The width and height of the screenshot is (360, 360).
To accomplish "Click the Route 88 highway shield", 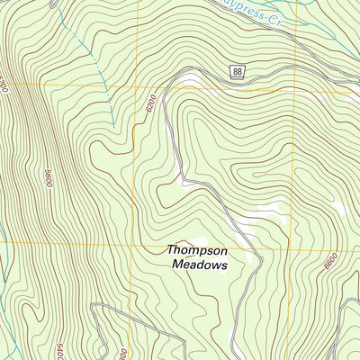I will point(238,72).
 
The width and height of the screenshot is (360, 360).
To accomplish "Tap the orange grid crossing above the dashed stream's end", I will point(137,87).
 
